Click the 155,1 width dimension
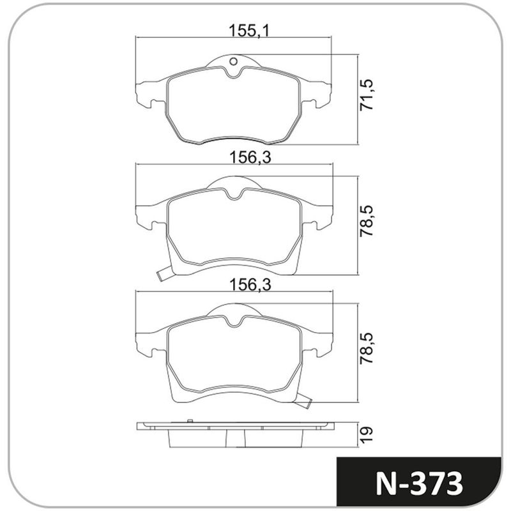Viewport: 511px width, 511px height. tap(249, 31)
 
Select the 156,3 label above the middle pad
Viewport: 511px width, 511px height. tap(250, 157)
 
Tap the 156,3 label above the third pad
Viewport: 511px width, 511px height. tap(250, 284)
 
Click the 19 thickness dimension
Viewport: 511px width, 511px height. tap(366, 434)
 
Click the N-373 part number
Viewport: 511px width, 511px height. tap(419, 484)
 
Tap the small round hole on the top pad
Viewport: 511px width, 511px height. tap(233, 61)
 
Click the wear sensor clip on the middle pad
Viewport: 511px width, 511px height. tap(163, 274)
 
